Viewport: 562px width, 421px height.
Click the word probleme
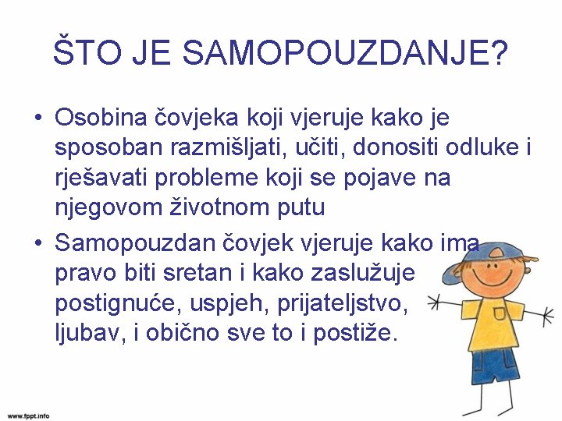point(199,179)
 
